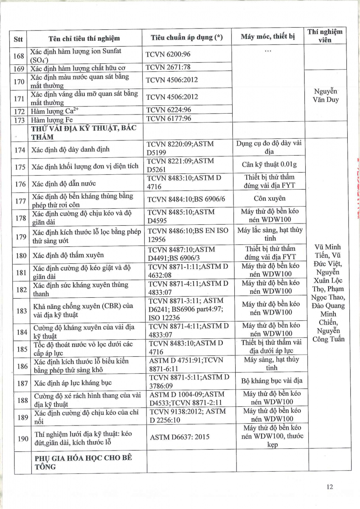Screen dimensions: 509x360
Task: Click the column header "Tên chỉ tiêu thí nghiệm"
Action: tap(84, 38)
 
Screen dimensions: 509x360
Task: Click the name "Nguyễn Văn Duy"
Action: tap(327, 96)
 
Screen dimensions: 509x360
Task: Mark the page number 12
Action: tap(330, 487)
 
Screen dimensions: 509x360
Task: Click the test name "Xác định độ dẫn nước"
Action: tap(63, 184)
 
